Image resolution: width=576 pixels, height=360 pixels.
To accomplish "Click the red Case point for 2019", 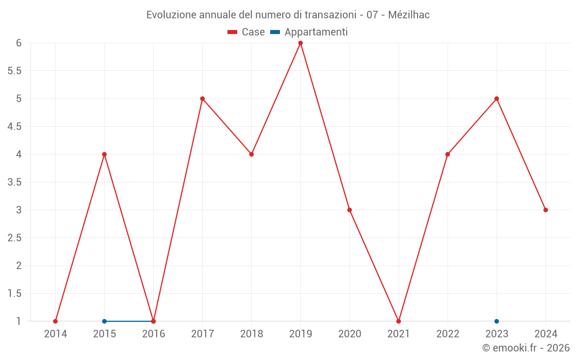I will [301, 43].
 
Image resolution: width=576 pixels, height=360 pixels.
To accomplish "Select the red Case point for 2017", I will [202, 98].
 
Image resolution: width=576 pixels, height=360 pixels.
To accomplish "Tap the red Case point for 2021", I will [399, 321].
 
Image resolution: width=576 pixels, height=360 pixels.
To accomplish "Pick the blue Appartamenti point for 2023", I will [497, 321].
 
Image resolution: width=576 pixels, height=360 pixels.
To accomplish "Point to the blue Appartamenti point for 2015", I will [104, 321].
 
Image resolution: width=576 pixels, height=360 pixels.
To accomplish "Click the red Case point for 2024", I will [545, 210].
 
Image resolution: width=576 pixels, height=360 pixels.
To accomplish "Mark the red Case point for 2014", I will [55, 321].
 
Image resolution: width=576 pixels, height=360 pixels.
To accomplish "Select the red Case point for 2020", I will [350, 210].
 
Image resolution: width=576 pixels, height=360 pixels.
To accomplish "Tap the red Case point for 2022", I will [448, 154].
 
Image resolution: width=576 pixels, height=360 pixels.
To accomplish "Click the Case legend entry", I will [247, 32].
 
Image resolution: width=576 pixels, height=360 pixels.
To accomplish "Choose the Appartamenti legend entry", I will [309, 32].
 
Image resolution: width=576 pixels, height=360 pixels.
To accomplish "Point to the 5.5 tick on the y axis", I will [14, 71].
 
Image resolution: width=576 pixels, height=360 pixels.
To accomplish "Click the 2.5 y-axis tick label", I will [14, 238].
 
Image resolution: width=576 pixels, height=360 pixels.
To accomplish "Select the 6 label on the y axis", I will [19, 43].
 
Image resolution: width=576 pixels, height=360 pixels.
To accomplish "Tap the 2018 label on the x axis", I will [252, 334].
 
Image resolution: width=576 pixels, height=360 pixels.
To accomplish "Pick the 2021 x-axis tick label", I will [399, 334].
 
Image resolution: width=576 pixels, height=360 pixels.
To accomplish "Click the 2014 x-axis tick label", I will [55, 334].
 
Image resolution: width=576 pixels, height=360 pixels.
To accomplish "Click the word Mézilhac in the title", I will [409, 15].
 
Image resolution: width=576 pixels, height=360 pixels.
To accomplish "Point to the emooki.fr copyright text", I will [526, 348].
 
